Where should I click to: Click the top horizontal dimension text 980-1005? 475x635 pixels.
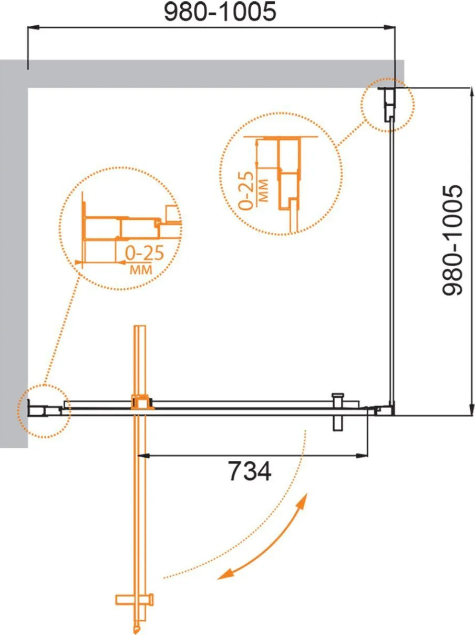coord(220,12)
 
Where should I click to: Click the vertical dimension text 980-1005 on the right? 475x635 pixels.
coord(452,240)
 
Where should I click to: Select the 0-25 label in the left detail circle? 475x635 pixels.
coord(144,253)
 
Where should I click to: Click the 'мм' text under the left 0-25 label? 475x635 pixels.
coord(141,269)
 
